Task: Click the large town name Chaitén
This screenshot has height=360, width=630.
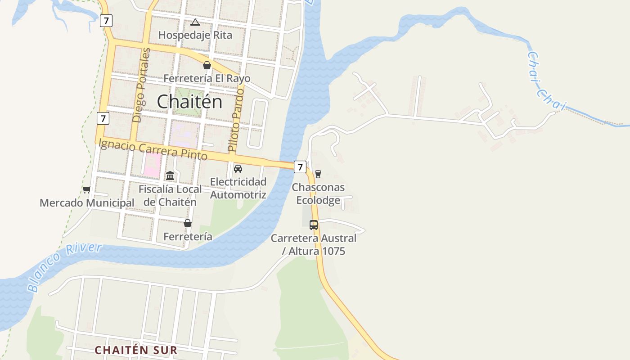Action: tap(189, 102)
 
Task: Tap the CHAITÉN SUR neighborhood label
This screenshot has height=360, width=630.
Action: tap(136, 350)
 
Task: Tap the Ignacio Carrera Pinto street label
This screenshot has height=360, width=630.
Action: tap(153, 150)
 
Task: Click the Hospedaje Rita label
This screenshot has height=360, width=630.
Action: tap(195, 35)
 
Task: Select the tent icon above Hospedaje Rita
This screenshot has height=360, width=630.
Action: tap(195, 22)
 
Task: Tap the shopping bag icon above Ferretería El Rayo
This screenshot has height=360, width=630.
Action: tap(207, 66)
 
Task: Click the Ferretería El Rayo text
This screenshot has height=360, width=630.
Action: tap(207, 78)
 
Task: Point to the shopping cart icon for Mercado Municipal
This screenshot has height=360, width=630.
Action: tap(87, 190)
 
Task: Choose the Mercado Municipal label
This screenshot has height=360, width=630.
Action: tap(87, 203)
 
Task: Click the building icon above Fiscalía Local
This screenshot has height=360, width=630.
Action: tap(170, 175)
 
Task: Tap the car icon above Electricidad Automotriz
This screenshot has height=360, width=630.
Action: tap(238, 169)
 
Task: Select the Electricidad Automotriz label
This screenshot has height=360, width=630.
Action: tap(238, 188)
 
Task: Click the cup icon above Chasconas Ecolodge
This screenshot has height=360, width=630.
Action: tap(318, 174)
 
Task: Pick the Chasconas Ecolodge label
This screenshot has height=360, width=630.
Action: tap(318, 193)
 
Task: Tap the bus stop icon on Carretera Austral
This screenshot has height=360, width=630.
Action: tap(314, 225)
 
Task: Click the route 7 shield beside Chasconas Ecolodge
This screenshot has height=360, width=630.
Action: tap(300, 167)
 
